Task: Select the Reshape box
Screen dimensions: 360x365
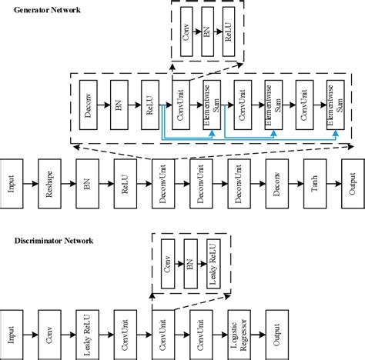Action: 49,185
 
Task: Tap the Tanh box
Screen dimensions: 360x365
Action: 313,185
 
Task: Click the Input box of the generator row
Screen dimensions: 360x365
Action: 11,185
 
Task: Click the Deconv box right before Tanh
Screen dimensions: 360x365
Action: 276,185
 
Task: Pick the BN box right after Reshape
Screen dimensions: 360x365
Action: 87,185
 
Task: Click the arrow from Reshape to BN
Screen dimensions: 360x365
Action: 68,185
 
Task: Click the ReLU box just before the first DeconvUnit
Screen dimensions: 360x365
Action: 125,185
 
